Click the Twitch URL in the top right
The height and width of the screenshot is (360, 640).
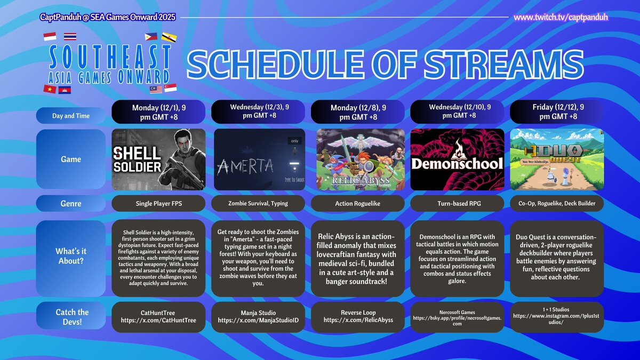[x=561, y=18]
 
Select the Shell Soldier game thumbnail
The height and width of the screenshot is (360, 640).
[x=159, y=159]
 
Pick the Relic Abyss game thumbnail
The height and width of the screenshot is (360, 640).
[x=358, y=159]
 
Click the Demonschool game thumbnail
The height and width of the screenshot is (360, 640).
[x=457, y=159]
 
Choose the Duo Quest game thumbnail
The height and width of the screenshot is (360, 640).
[x=557, y=159]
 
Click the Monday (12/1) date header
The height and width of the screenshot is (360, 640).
[x=159, y=111]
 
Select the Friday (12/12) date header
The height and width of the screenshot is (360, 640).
[x=557, y=111]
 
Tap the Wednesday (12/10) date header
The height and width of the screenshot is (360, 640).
[x=457, y=111]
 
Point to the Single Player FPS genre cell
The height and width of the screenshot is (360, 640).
[x=159, y=204]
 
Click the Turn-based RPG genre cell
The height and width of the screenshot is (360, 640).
[x=457, y=204]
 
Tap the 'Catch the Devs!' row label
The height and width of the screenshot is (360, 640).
[x=71, y=316]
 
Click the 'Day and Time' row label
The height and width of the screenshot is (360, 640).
[x=71, y=116]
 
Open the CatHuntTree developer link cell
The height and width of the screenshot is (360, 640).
[x=159, y=316]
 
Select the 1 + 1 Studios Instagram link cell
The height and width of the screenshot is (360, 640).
[x=557, y=316]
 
